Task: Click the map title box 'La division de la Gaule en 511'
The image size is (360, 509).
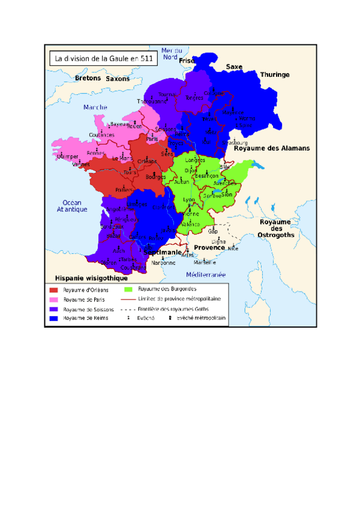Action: [103, 59]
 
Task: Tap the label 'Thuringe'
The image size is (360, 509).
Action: [274, 74]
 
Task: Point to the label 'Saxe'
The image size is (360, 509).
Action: [234, 67]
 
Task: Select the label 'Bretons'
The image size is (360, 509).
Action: [88, 78]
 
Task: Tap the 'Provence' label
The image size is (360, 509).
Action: [209, 247]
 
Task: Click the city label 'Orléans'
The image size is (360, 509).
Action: [147, 161]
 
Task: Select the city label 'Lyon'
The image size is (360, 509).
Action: [189, 199]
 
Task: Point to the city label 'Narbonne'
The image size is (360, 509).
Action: [163, 262]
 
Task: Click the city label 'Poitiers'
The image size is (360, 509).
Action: [124, 190]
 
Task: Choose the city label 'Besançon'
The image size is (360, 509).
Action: [206, 175]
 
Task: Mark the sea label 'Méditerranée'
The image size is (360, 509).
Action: [205, 275]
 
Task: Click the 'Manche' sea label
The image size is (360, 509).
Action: [95, 107]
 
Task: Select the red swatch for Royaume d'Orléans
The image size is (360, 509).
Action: [54, 290]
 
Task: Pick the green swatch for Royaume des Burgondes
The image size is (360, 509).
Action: [128, 289]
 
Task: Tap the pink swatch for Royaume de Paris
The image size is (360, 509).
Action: [54, 300]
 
